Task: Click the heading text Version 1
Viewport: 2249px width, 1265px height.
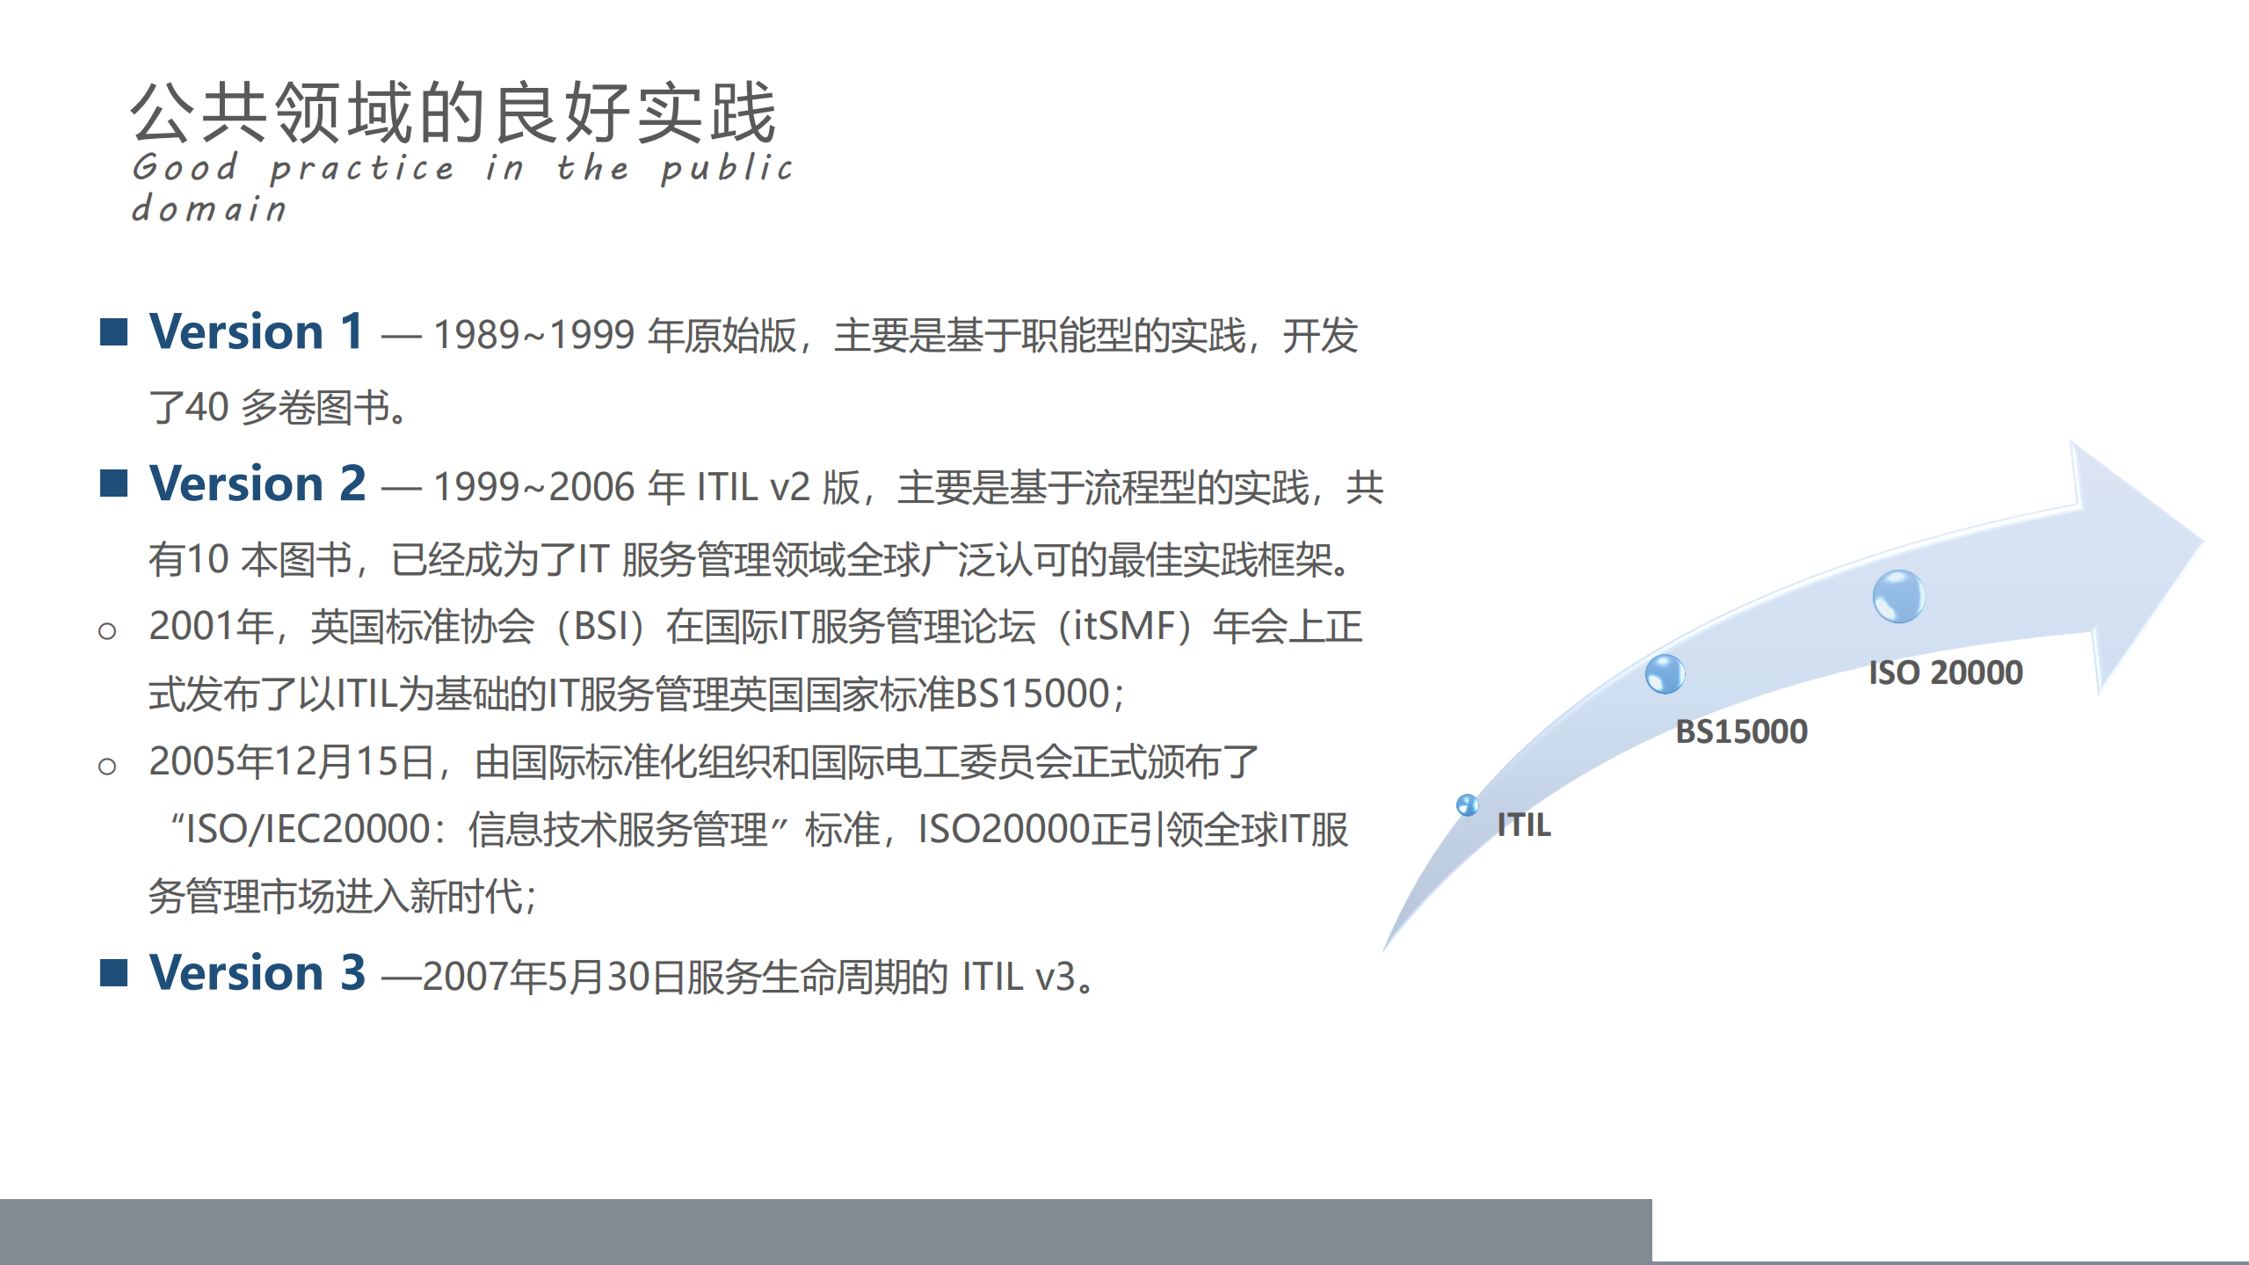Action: (256, 332)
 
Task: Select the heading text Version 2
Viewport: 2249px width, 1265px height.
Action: (257, 484)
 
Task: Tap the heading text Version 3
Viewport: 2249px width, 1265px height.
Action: (257, 973)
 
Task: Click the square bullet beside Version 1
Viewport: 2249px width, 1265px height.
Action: (114, 332)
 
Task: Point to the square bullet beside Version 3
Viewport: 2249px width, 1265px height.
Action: (114, 973)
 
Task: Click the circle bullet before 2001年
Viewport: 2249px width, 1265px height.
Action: (107, 631)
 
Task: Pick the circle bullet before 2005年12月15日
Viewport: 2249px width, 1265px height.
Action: (107, 767)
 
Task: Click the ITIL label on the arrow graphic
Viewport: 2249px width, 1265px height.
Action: (1524, 825)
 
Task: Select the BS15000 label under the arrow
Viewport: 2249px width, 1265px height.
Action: (1741, 731)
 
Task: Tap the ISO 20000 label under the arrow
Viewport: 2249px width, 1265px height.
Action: (1945, 672)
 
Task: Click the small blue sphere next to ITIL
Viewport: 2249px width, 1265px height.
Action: (1467, 804)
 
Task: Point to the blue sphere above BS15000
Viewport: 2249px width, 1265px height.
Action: (1665, 674)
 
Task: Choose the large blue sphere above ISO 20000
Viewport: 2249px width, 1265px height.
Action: (1898, 596)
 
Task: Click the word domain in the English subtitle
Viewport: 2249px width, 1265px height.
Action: (209, 209)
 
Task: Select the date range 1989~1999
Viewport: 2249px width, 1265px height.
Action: (533, 335)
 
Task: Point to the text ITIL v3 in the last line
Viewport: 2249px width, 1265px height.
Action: (1019, 977)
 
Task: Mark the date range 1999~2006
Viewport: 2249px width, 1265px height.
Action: (533, 487)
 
